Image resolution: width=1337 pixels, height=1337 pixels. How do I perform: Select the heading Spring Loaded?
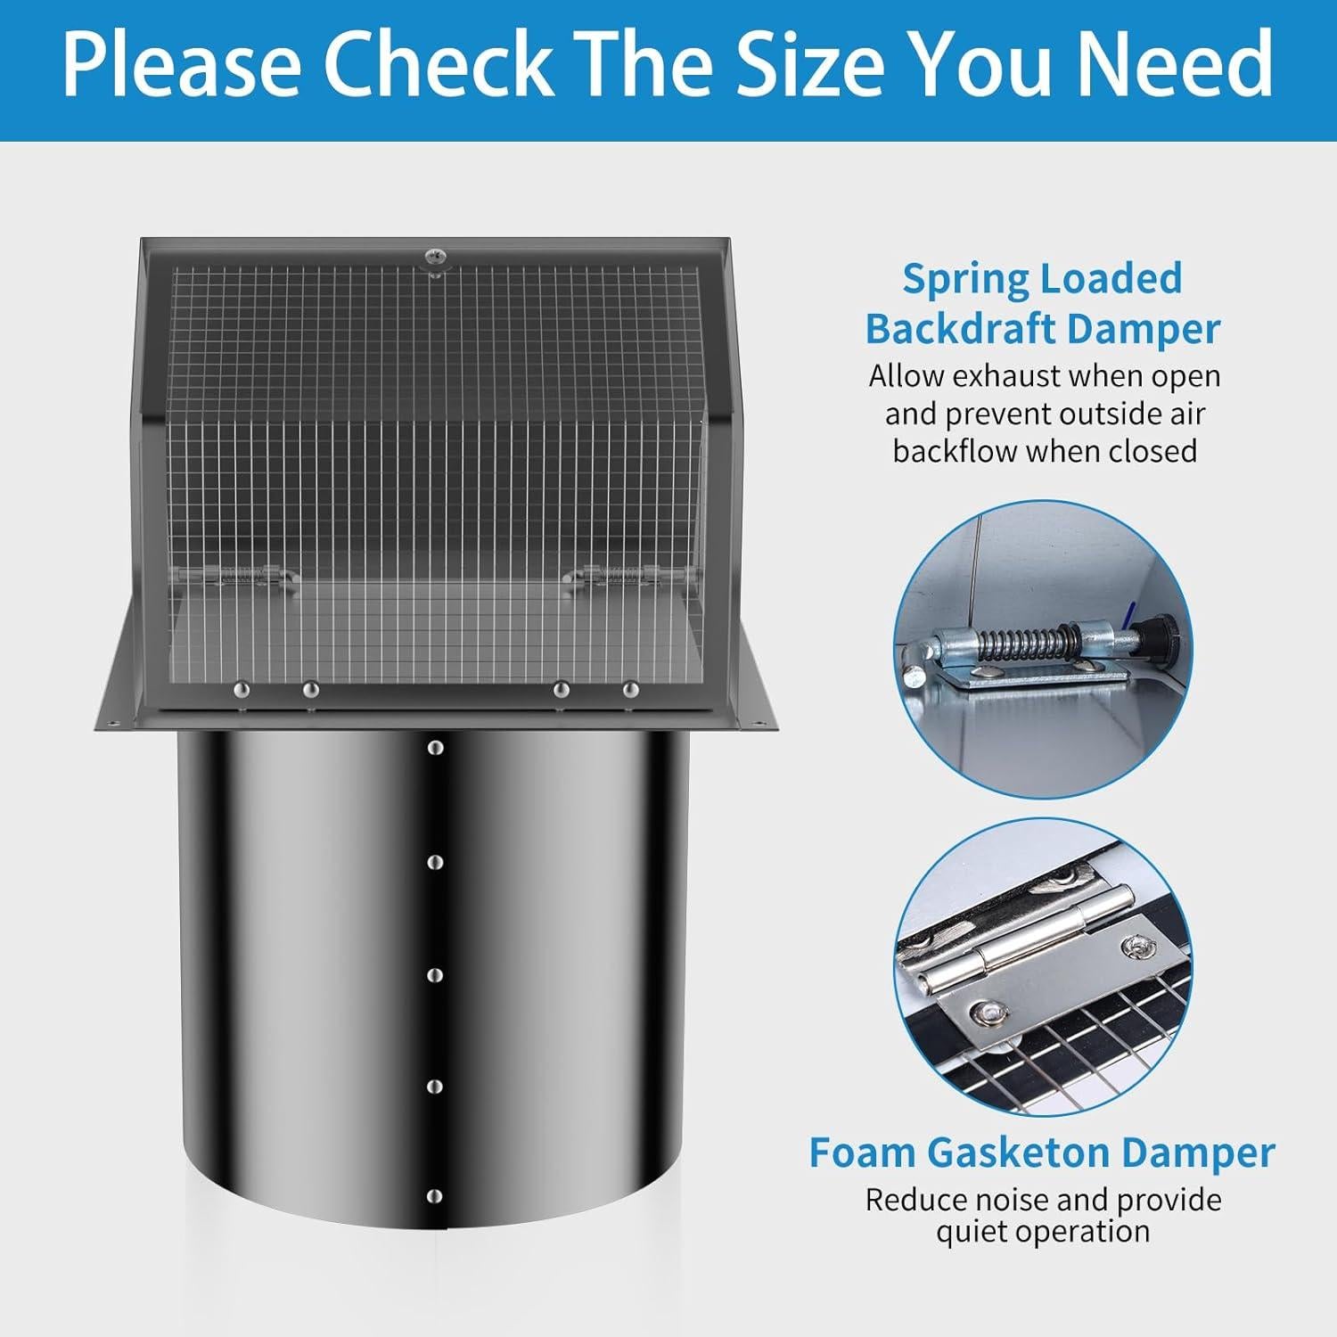pos(1042,279)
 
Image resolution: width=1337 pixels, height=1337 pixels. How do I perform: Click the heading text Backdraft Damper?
pos(1042,329)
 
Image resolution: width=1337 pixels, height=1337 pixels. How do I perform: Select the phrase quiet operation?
pos(1043,1232)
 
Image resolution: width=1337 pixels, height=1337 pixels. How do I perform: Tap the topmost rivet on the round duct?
pos(435,748)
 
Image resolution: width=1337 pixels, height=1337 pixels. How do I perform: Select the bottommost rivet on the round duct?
pos(435,1195)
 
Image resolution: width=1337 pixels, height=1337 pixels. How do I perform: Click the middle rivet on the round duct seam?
pos(435,975)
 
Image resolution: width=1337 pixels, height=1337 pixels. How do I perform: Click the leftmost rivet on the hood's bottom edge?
pos(240,689)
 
